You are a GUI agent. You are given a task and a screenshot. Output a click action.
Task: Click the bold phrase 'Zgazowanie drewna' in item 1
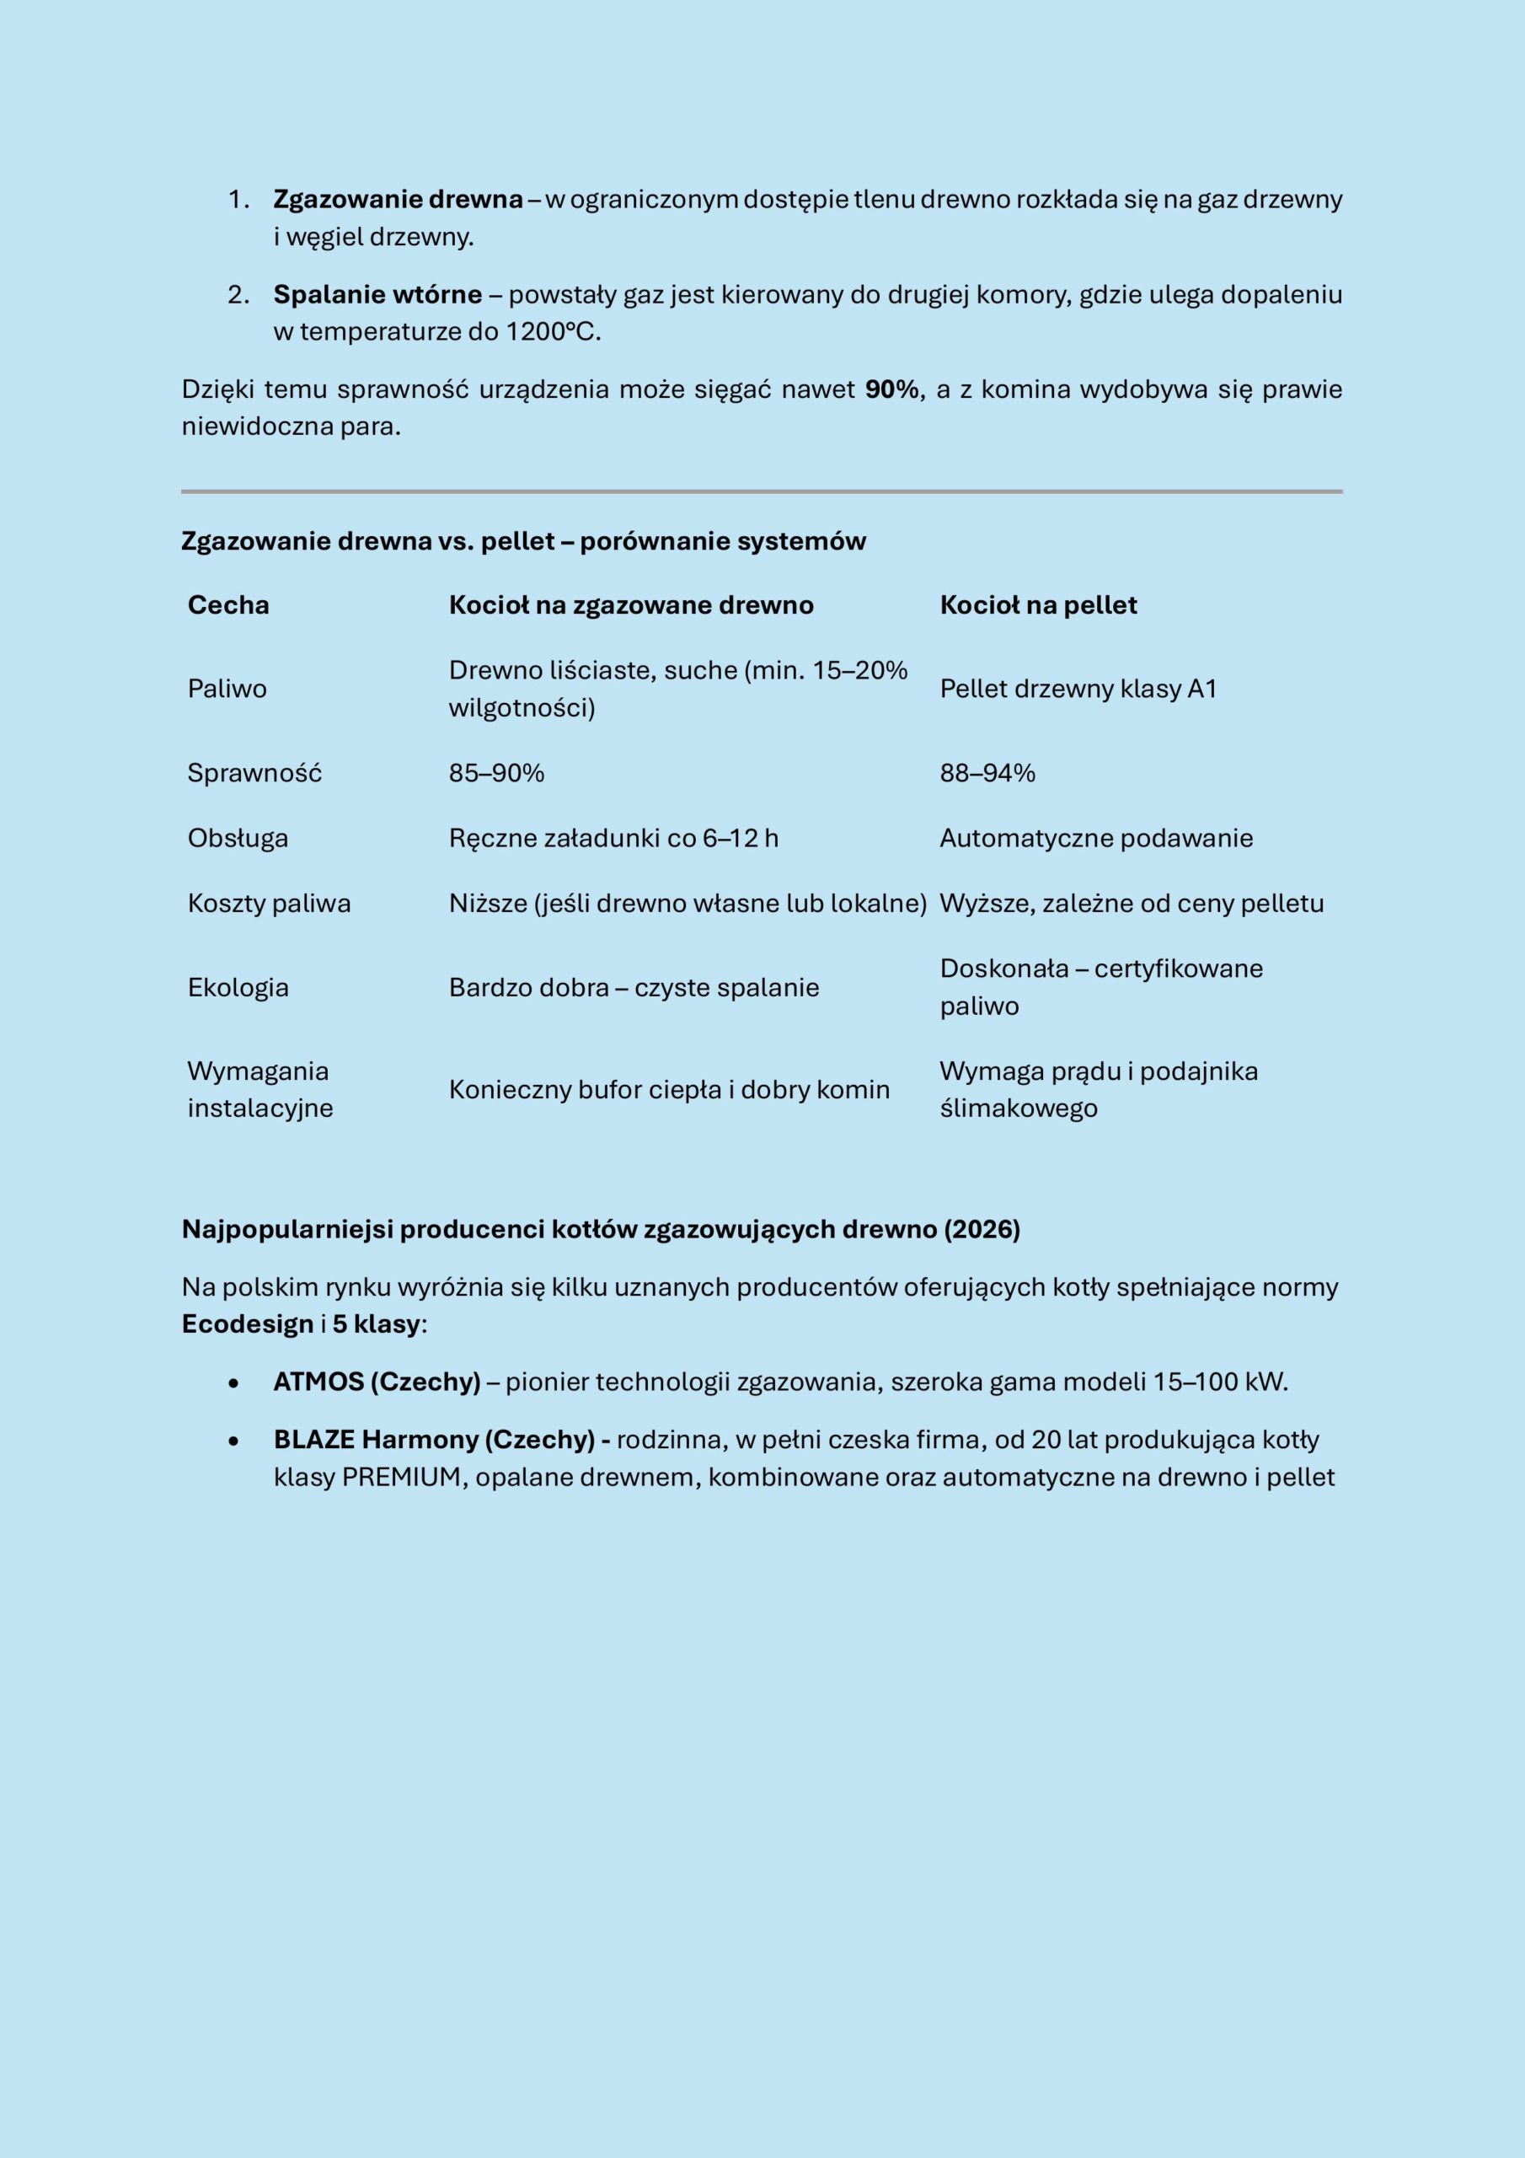click(398, 199)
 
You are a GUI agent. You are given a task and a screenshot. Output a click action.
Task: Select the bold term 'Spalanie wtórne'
click(377, 294)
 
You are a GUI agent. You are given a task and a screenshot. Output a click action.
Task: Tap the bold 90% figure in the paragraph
click(891, 389)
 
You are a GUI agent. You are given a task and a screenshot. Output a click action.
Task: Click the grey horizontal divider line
click(761, 491)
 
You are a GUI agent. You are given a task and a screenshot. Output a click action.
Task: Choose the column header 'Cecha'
click(228, 604)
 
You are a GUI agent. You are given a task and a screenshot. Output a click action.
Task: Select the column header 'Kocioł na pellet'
click(1037, 604)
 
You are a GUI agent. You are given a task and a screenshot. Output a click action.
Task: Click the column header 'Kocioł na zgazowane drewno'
click(630, 604)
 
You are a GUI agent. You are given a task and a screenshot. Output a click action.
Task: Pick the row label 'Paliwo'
click(227, 689)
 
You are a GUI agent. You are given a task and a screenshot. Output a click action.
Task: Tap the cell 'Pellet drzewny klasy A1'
click(1078, 689)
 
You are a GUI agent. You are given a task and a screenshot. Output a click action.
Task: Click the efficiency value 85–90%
click(496, 773)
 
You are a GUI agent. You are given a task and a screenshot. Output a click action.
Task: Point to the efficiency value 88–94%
click(987, 773)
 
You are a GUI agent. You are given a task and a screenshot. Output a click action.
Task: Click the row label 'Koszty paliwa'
click(269, 903)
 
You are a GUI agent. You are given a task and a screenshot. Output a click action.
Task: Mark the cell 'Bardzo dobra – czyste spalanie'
click(634, 987)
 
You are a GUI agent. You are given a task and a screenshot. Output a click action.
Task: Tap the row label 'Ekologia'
click(238, 987)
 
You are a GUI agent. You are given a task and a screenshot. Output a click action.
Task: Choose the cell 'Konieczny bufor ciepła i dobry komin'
click(668, 1089)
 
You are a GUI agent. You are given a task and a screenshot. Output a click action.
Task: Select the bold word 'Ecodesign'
click(247, 1324)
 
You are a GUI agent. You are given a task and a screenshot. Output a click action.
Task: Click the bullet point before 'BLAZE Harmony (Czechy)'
click(233, 1441)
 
